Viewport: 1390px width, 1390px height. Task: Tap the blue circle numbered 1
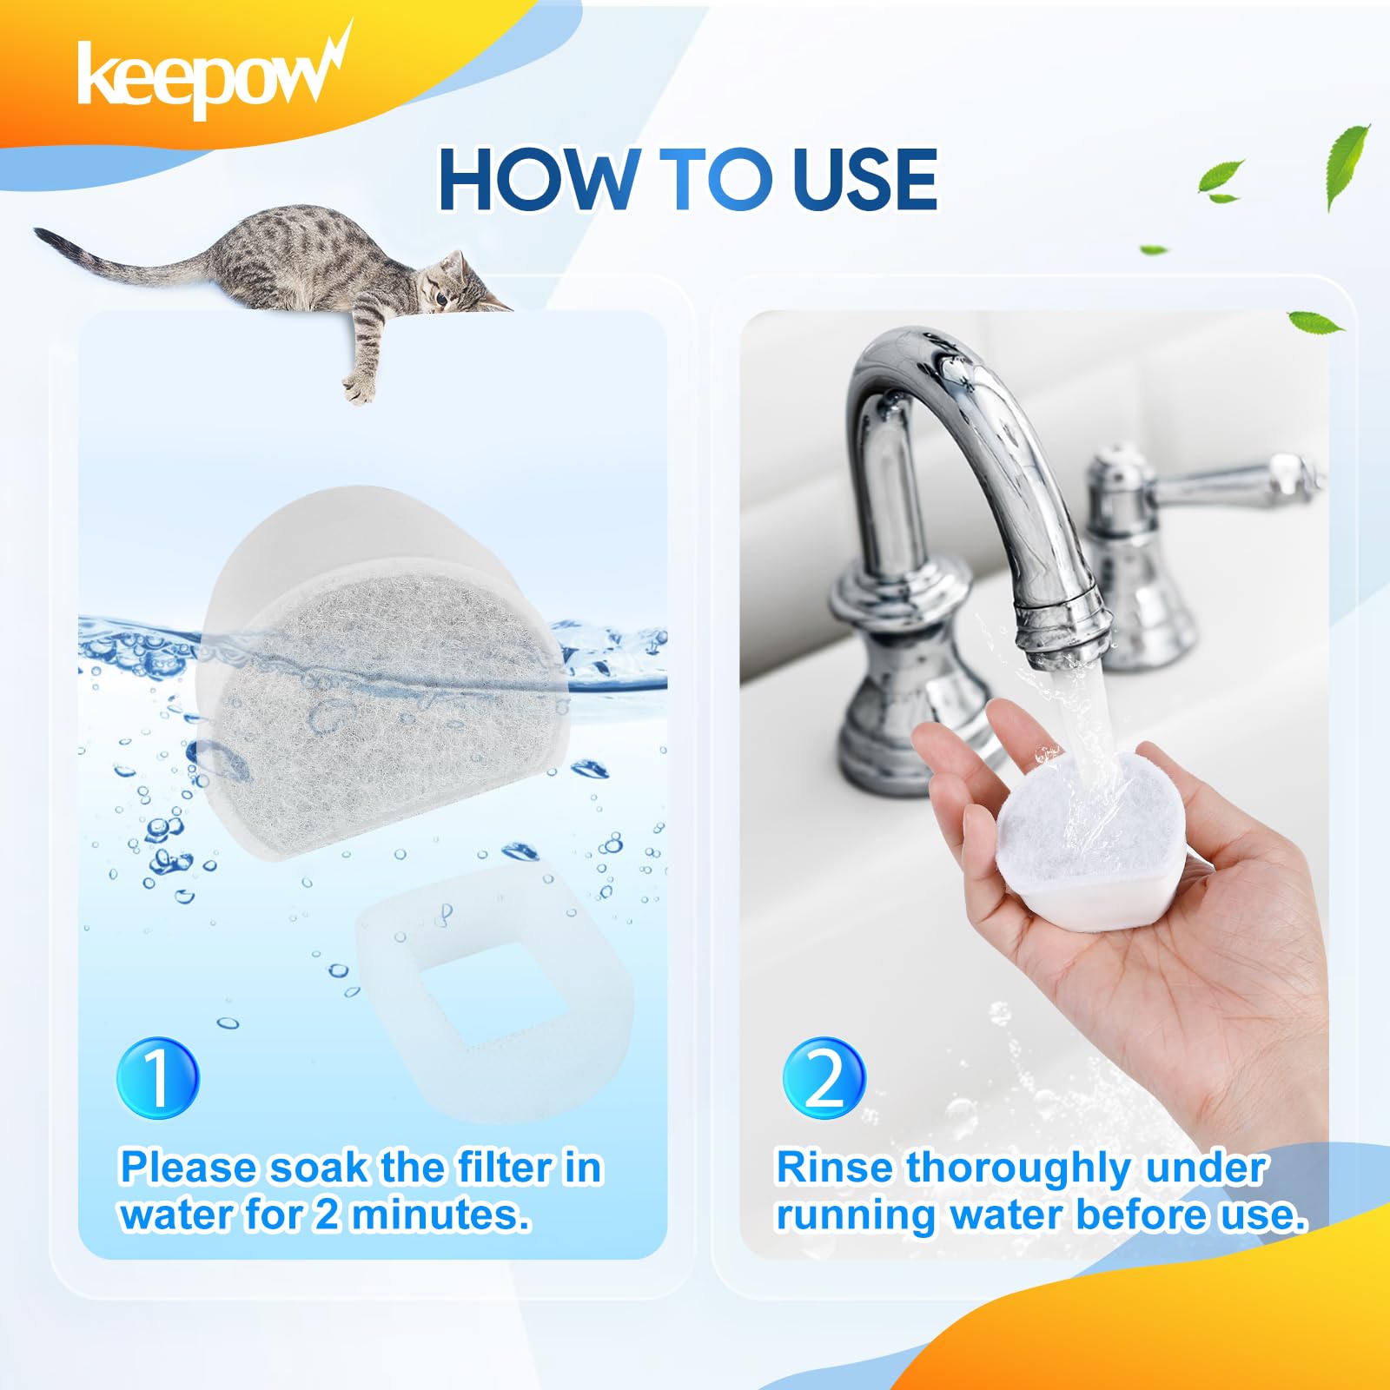tap(157, 1077)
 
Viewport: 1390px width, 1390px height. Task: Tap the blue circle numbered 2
tap(824, 1078)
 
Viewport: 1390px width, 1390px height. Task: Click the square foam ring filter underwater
tap(495, 990)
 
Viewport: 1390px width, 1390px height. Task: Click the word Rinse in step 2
tap(834, 1167)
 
